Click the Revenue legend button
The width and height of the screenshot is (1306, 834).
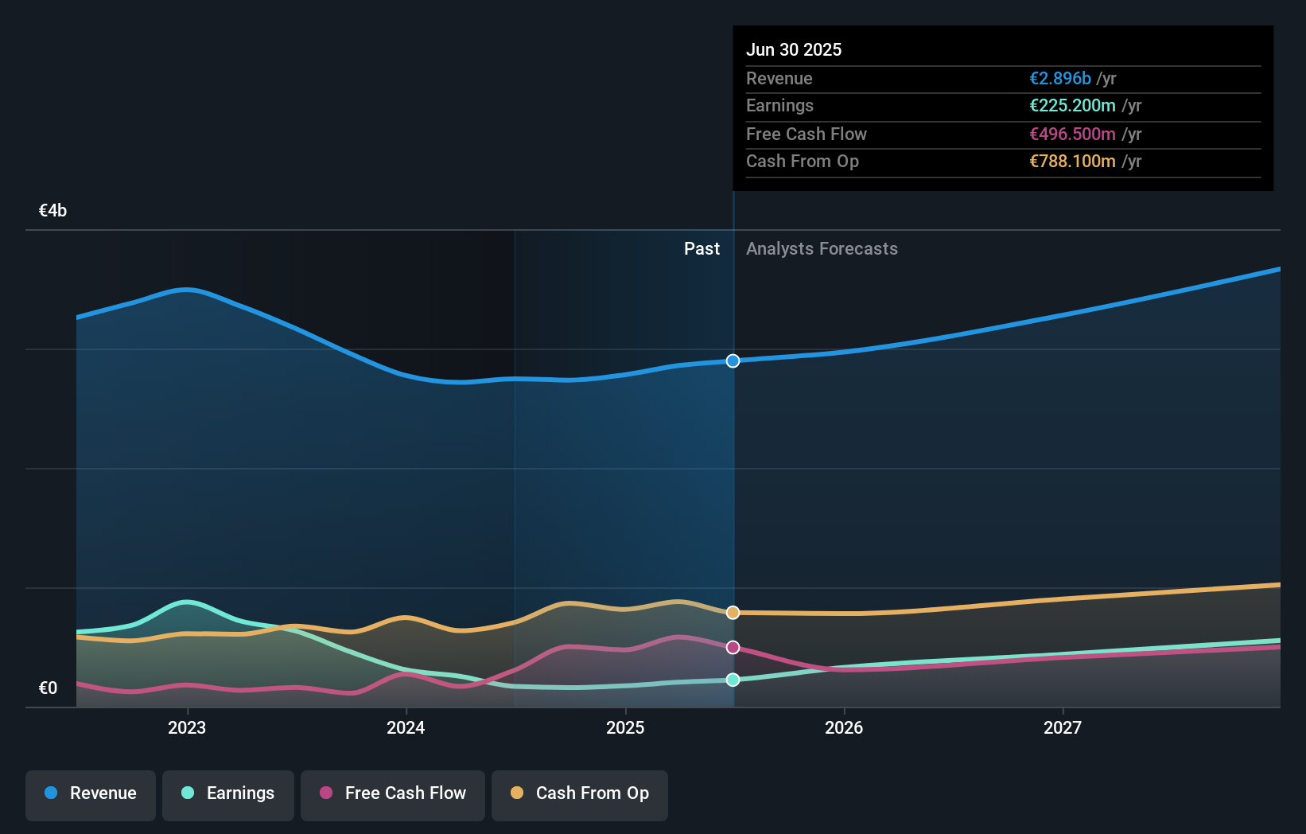pyautogui.click(x=91, y=794)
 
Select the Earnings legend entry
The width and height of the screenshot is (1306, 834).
pyautogui.click(x=228, y=794)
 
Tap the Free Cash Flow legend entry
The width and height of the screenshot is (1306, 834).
pyautogui.click(x=393, y=794)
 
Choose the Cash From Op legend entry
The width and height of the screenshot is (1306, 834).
pyautogui.click(x=580, y=794)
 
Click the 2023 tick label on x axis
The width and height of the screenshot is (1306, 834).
pyautogui.click(x=187, y=728)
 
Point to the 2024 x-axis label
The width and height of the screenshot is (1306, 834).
pyautogui.click(x=406, y=728)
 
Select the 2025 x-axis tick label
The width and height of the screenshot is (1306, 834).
pyautogui.click(x=625, y=728)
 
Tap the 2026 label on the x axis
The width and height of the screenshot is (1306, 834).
pyautogui.click(x=844, y=728)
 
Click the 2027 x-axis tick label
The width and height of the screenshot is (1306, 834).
pyautogui.click(x=1063, y=728)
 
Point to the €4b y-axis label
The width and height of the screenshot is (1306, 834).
pyautogui.click(x=52, y=211)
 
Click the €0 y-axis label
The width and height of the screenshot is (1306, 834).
pyautogui.click(x=48, y=688)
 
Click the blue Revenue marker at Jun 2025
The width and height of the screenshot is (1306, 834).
pyautogui.click(x=733, y=361)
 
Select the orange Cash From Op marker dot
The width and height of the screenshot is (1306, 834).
pyautogui.click(x=733, y=613)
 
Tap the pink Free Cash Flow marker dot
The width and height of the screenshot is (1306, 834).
pyautogui.click(x=733, y=648)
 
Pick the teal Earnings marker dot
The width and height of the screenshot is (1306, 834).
pyautogui.click(x=733, y=680)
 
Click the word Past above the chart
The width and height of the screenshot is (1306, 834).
pyautogui.click(x=702, y=249)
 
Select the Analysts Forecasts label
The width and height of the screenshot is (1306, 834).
pyautogui.click(x=822, y=249)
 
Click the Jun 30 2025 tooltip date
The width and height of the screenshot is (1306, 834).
pyautogui.click(x=793, y=50)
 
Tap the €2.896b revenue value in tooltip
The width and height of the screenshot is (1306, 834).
pyautogui.click(x=1059, y=79)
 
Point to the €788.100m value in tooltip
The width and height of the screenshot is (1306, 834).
pyautogui.click(x=1072, y=162)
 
